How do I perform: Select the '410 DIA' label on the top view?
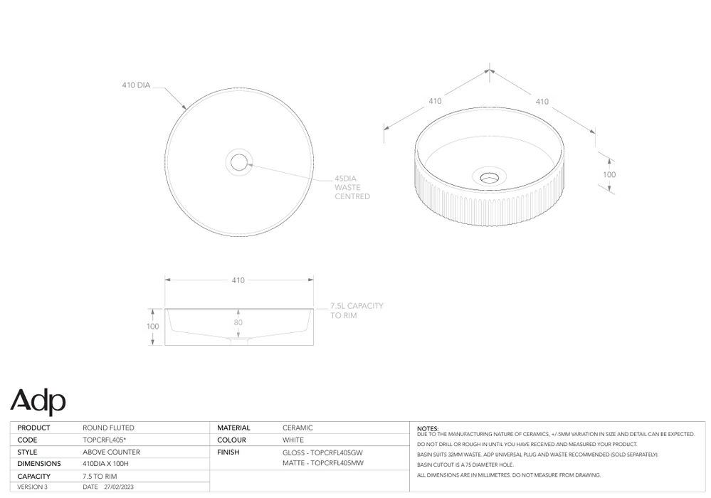[x=135, y=85]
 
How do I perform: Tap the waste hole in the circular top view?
[x=238, y=162]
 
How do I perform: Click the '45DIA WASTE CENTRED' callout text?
[x=352, y=188]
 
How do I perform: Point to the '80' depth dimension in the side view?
[x=238, y=322]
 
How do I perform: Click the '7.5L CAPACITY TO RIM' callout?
[x=357, y=310]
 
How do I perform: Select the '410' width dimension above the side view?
[x=238, y=280]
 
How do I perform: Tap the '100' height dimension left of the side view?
[x=152, y=327]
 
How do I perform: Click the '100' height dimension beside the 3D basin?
[x=609, y=174]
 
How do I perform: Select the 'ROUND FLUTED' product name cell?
[x=108, y=428]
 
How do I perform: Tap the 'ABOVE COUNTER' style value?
[x=111, y=452]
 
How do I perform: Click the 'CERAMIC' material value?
[x=297, y=428]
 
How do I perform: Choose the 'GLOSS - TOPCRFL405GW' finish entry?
[x=322, y=452]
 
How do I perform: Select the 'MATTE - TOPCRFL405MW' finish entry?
[x=322, y=464]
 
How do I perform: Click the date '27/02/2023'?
[x=118, y=487]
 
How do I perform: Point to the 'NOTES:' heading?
[x=428, y=428]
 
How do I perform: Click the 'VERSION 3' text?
[x=32, y=487]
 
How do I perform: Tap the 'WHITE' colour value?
[x=293, y=440]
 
